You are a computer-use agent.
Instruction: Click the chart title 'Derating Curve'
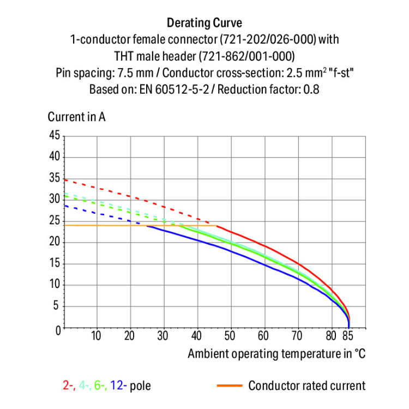[x=204, y=23]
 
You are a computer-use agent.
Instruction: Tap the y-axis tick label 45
[x=53, y=135]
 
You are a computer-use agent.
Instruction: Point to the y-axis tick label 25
[x=53, y=221]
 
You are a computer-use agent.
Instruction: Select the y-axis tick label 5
[x=56, y=306]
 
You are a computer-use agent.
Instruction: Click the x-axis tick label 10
[x=97, y=335]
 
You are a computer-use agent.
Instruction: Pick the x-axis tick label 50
[x=230, y=335]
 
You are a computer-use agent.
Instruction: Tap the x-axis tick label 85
[x=349, y=335]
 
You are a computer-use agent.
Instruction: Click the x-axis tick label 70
[x=297, y=335]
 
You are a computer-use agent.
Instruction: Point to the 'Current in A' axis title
[x=77, y=117]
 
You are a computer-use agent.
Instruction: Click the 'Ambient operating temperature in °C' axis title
[x=276, y=353]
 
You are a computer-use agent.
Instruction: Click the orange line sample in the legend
[x=230, y=386]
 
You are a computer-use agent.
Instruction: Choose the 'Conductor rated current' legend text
[x=307, y=386]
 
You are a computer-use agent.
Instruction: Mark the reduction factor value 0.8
[x=311, y=89]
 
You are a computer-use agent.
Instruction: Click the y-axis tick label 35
[x=53, y=178]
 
